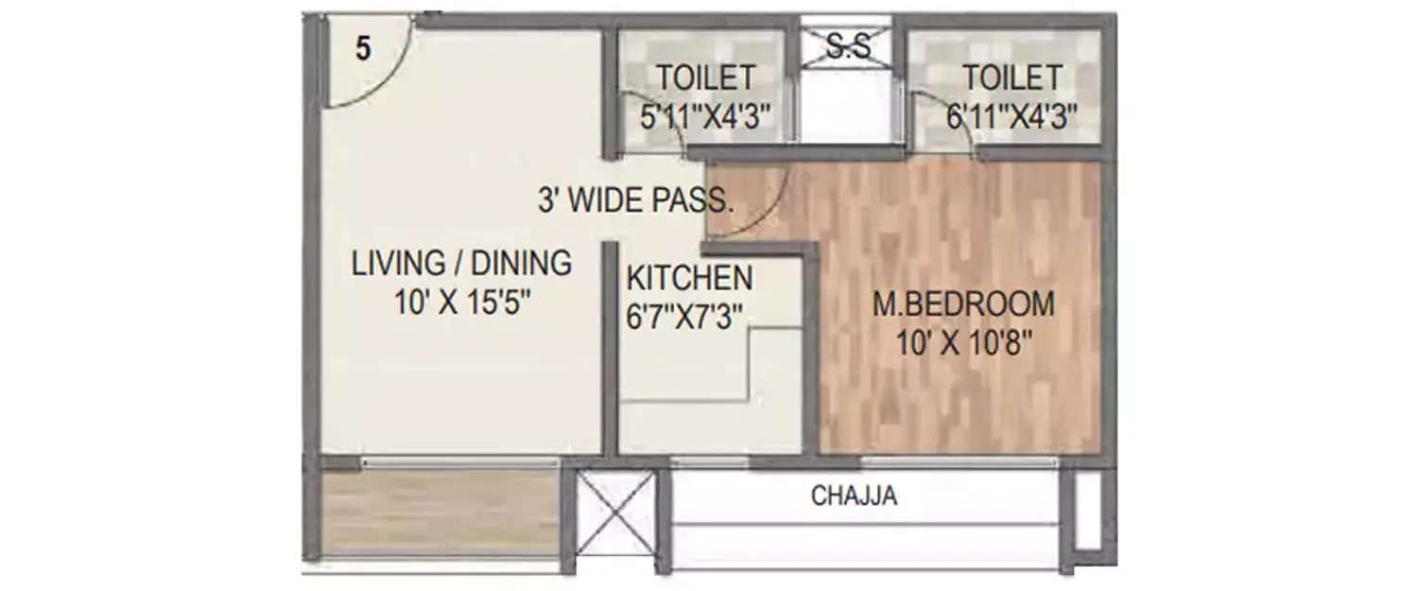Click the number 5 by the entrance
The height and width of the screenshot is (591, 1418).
coord(363,49)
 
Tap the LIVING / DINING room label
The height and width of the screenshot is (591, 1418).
coord(461,263)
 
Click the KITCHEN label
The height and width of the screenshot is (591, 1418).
coord(690,279)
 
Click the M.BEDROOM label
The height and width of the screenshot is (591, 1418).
coord(962,304)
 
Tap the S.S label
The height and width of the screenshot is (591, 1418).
coord(847,47)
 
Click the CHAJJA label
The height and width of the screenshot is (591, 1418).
coord(854,495)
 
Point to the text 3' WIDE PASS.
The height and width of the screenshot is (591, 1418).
coord(635,200)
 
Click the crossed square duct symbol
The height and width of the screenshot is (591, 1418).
coord(615,513)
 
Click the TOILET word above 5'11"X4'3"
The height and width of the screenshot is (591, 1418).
coord(706,77)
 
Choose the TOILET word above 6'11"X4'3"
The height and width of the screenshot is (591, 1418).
coord(1012,77)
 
